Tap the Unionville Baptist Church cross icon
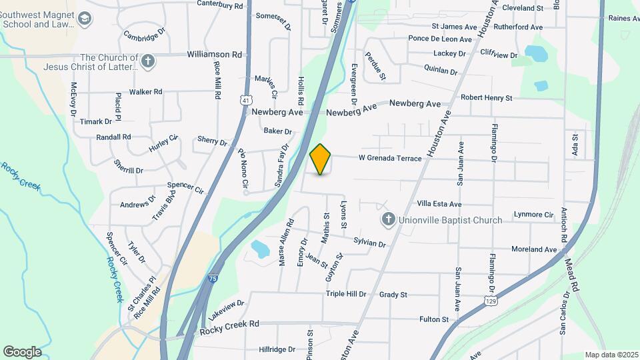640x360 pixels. coord(388,219)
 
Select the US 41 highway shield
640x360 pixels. coord(246,100)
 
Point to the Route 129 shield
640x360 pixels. coord(490,302)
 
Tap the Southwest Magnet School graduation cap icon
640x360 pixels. coord(85,19)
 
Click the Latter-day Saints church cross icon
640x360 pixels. coord(148,62)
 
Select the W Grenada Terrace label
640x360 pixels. coord(390,159)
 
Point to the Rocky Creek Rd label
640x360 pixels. coord(229,323)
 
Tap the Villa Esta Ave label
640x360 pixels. coord(439,204)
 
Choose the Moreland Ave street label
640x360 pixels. coord(533,249)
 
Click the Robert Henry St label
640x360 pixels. coord(486,98)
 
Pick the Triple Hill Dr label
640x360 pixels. coord(346,294)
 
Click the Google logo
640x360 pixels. coord(22,352)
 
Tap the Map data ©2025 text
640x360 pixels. coord(611,355)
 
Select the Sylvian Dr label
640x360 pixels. coord(370,243)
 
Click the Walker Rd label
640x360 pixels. coord(146,91)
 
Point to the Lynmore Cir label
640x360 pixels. coord(534,215)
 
